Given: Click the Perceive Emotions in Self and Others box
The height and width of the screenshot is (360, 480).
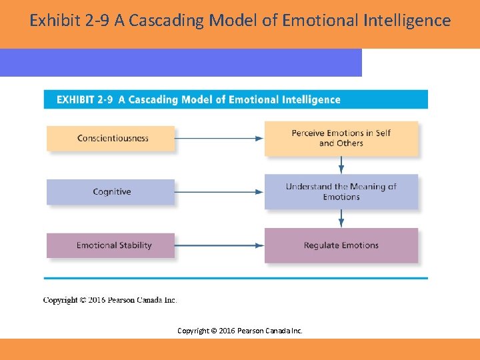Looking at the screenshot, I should tap(341, 138).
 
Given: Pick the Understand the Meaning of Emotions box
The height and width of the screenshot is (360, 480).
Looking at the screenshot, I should tap(341, 192).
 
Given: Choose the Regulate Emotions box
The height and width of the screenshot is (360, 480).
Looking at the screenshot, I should tap(341, 245).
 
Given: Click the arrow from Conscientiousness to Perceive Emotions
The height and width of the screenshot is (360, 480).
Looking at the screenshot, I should tap(219, 139).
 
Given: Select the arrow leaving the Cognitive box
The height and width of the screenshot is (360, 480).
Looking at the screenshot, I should tap(219, 192).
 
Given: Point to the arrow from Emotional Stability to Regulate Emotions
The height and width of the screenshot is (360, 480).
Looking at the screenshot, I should tap(219, 245).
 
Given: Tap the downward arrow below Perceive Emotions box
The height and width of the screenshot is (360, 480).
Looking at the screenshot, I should tap(341, 165).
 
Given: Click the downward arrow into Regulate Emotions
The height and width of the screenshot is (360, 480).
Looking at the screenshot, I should tap(341, 218).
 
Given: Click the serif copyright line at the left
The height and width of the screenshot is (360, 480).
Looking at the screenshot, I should tap(110, 300).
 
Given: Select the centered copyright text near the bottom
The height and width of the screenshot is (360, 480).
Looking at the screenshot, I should tap(240, 330).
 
